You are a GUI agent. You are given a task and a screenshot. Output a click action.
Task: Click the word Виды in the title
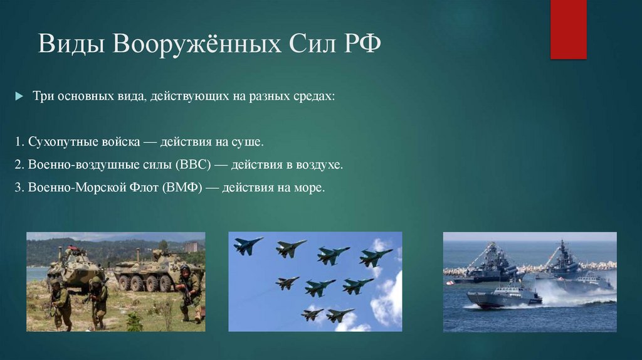tap(72, 45)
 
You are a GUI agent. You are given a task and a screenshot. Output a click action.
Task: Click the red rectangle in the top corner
tap(568, 29)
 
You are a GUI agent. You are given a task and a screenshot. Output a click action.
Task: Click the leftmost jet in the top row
tap(248, 244)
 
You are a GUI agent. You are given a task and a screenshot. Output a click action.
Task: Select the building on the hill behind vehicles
tap(192, 246)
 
